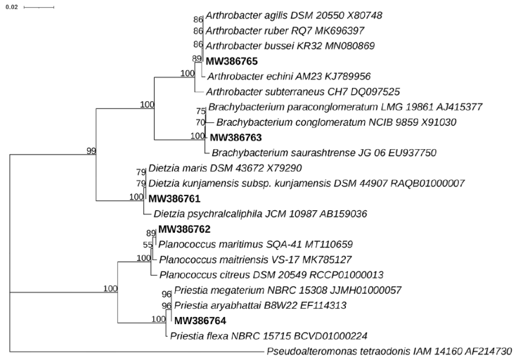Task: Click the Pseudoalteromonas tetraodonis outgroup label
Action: point(389,352)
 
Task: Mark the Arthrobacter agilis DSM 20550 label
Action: point(294,15)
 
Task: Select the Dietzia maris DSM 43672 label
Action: point(225,168)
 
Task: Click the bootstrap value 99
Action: point(91,151)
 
